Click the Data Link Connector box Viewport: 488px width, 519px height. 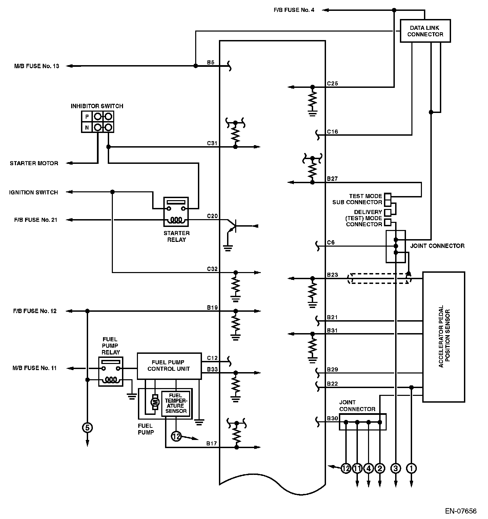click(425, 31)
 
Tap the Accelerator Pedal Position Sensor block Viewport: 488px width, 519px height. click(443, 337)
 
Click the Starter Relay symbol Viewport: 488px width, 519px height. click(176, 212)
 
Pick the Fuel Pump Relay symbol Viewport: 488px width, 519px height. click(110, 371)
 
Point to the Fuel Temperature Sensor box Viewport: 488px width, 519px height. click(176, 403)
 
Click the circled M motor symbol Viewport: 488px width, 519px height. click(155, 402)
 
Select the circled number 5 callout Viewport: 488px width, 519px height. click(87, 427)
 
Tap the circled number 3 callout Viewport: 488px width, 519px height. click(395, 468)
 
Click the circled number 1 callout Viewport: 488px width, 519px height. click(411, 468)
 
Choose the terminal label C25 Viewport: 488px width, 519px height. click(332, 83)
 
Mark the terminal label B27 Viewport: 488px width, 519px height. click(332, 178)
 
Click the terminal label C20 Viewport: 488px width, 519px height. click(212, 216)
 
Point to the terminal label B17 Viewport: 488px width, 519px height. click(212, 443)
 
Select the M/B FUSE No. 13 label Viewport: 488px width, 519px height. click(37, 66)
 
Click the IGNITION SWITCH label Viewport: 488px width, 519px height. click(34, 192)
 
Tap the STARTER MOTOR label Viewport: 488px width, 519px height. click(34, 163)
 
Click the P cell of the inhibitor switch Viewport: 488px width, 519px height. click(87, 117)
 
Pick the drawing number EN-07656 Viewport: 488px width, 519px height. click(461, 511)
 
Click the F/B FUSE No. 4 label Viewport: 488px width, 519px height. click(294, 10)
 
